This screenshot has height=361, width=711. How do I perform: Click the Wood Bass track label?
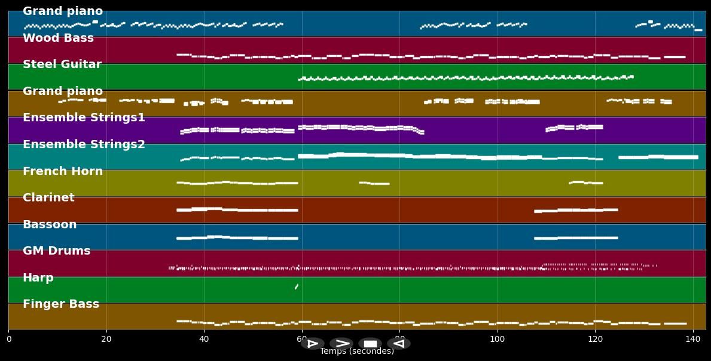(x=58, y=38)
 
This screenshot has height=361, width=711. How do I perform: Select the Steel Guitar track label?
(x=62, y=65)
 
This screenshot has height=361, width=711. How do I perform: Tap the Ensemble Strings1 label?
(x=84, y=118)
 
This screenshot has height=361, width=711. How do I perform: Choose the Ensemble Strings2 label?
(x=84, y=145)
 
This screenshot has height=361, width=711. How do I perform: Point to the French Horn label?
(x=63, y=172)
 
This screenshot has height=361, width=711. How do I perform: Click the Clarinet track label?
(x=48, y=198)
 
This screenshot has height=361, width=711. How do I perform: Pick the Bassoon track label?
(x=50, y=225)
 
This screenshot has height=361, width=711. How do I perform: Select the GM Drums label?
(x=56, y=251)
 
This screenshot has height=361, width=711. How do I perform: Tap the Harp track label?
(x=38, y=278)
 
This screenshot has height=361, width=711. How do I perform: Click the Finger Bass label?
(x=61, y=304)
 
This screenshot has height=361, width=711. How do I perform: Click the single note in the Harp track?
(x=297, y=287)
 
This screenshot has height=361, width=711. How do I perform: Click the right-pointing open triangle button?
(x=312, y=344)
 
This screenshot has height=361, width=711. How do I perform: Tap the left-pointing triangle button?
(x=398, y=344)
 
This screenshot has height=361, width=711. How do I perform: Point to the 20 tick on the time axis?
(x=106, y=339)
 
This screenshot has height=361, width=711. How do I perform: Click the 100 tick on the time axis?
(x=497, y=339)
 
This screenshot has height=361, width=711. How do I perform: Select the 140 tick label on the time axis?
(x=692, y=339)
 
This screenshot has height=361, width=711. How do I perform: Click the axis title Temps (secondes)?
(x=357, y=351)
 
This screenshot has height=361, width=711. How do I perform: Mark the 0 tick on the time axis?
(x=8, y=339)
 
